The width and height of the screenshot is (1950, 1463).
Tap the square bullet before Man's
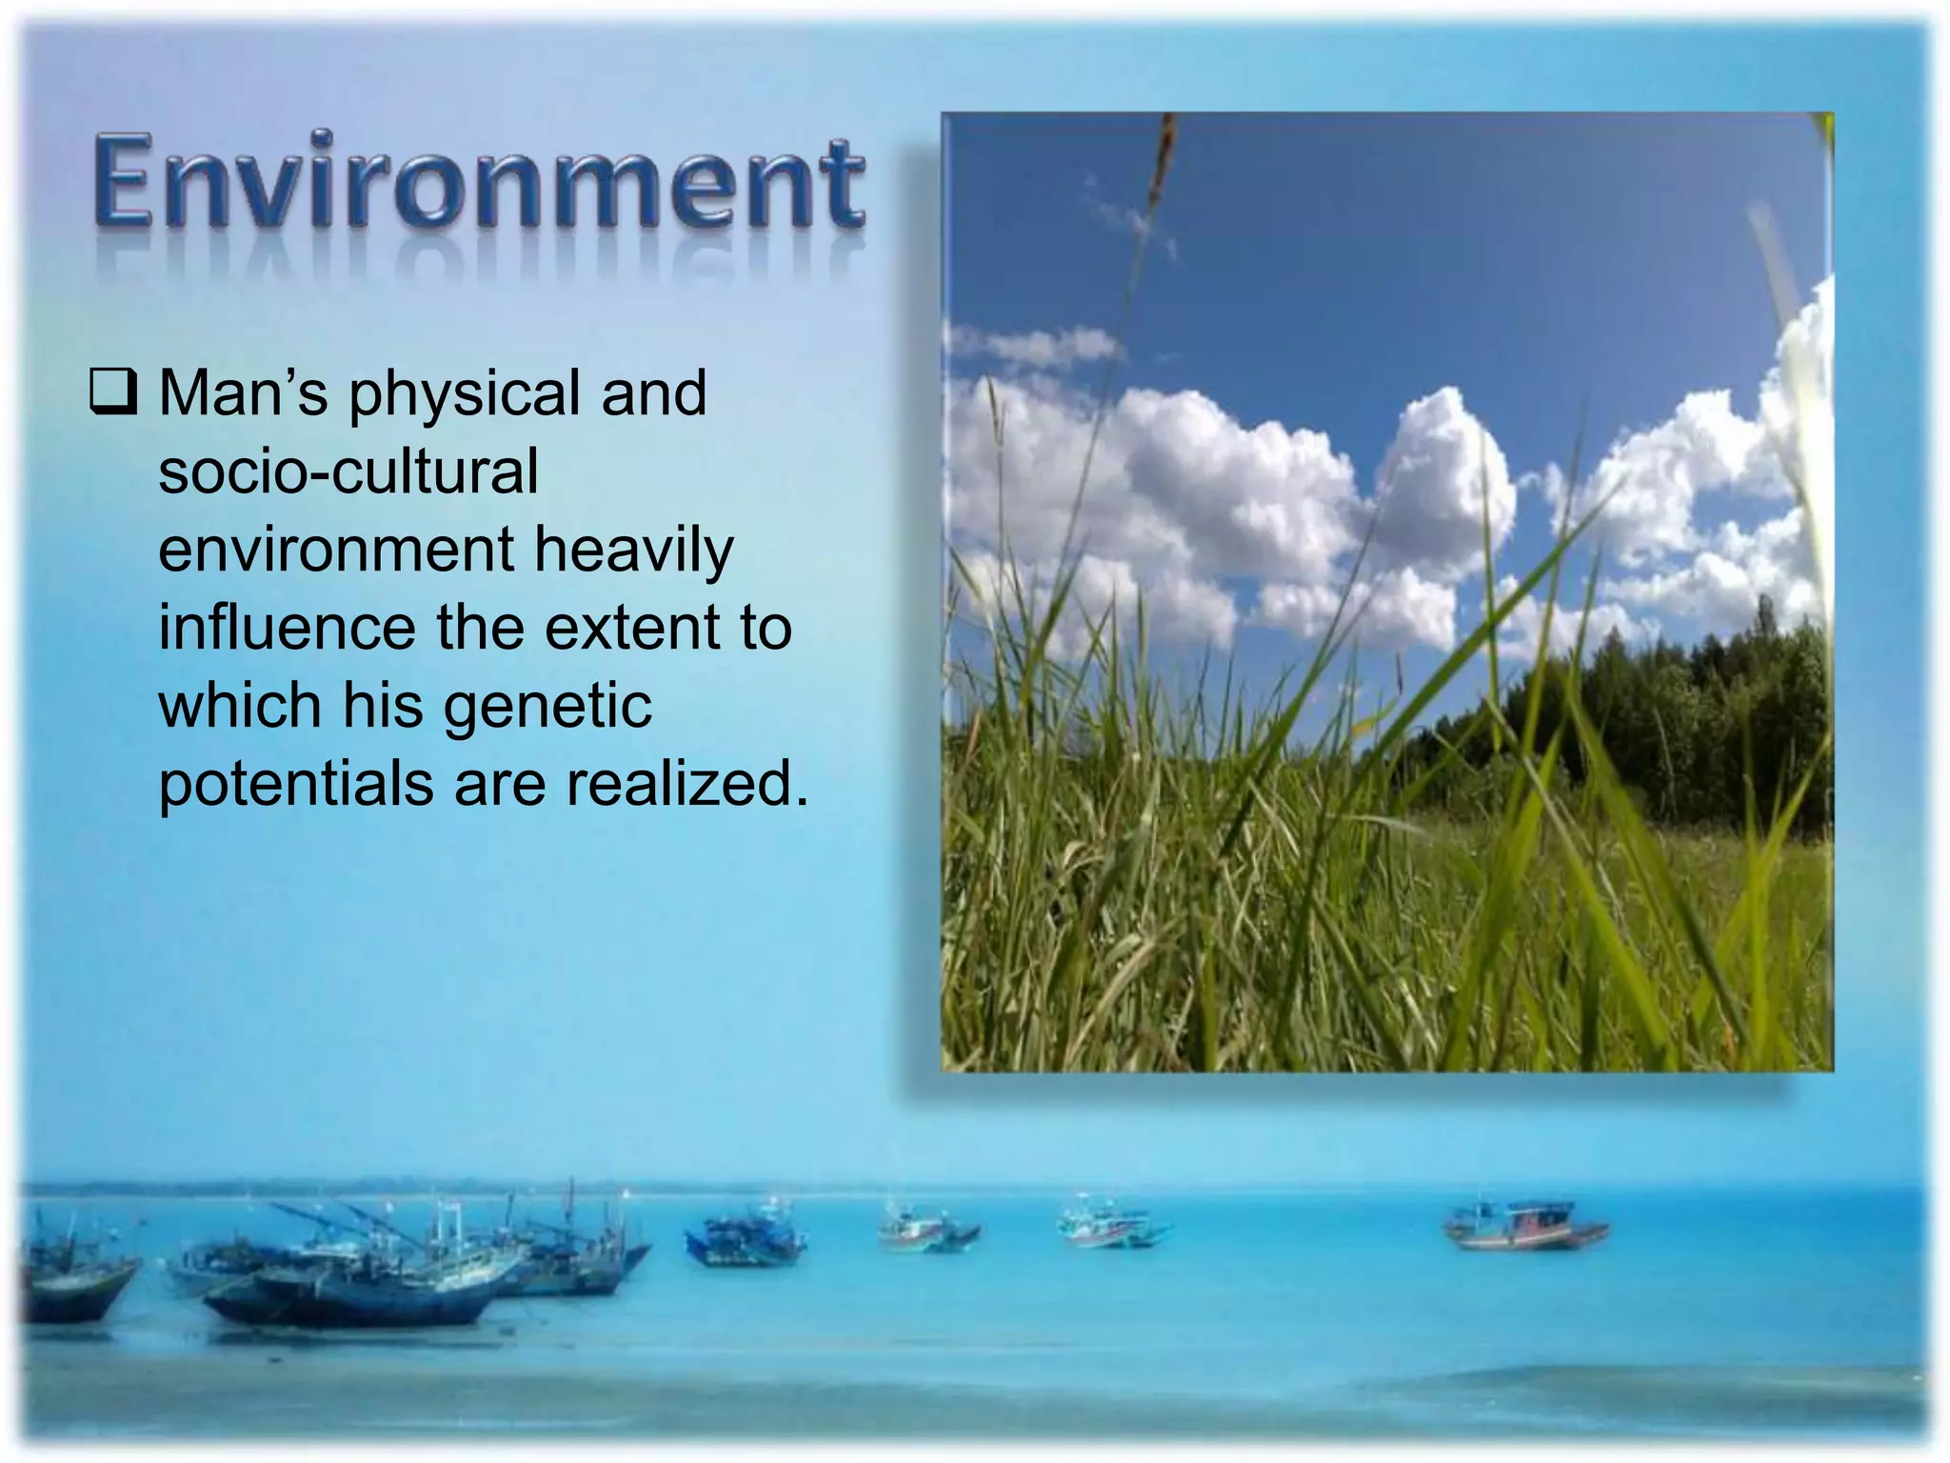[x=113, y=393]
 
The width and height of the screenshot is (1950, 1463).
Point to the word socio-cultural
[x=348, y=471]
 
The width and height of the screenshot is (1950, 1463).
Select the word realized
[x=686, y=785]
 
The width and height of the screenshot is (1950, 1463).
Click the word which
[x=240, y=706]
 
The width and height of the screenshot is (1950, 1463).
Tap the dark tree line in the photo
[x=1666, y=724]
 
